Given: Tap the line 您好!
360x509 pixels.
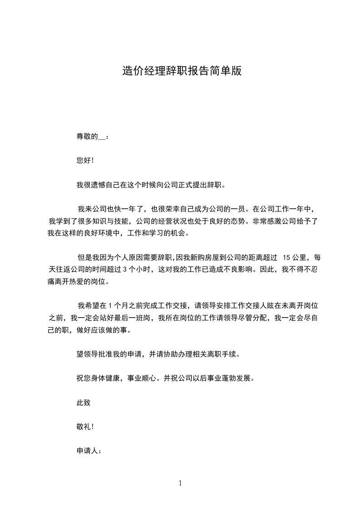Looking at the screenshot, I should pyautogui.click(x=85, y=161).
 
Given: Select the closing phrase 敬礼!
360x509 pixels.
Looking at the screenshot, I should pyautogui.click(x=85, y=427).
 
